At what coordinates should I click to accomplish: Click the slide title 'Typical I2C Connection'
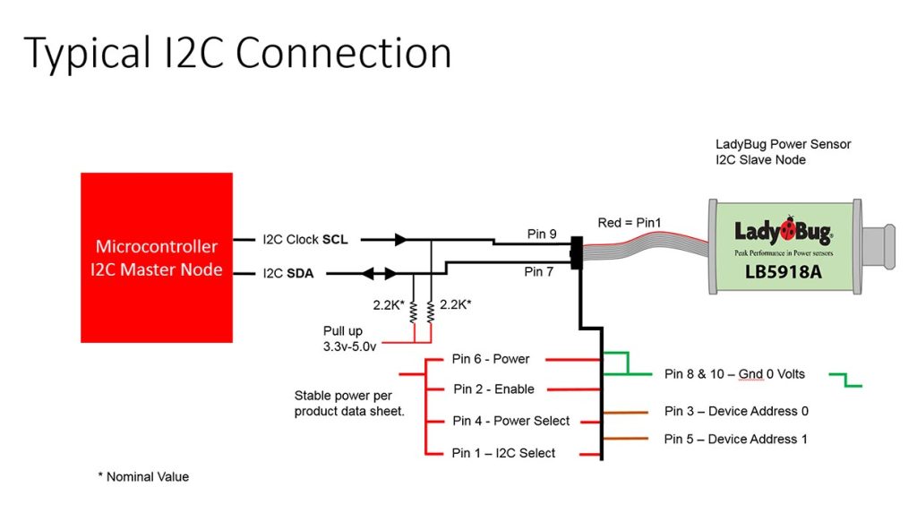[x=237, y=54]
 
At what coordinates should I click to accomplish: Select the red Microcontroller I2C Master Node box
[x=157, y=257]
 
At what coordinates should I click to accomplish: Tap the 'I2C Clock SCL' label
[x=305, y=240]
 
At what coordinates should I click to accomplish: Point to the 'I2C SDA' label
[x=287, y=273]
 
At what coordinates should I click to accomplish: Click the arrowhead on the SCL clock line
[x=400, y=240]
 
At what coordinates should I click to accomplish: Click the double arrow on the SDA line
[x=376, y=273]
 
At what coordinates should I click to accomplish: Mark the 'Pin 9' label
[x=541, y=235]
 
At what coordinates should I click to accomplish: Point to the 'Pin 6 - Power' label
[x=491, y=359]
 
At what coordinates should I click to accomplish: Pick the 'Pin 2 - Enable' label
[x=493, y=389]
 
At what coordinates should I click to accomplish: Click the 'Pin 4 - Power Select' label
[x=510, y=421]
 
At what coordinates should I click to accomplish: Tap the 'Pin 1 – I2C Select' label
[x=503, y=453]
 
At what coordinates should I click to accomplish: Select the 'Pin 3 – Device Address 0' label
[x=736, y=411]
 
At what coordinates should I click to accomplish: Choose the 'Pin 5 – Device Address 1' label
[x=735, y=439]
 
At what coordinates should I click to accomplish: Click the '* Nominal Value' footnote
[x=143, y=477]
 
